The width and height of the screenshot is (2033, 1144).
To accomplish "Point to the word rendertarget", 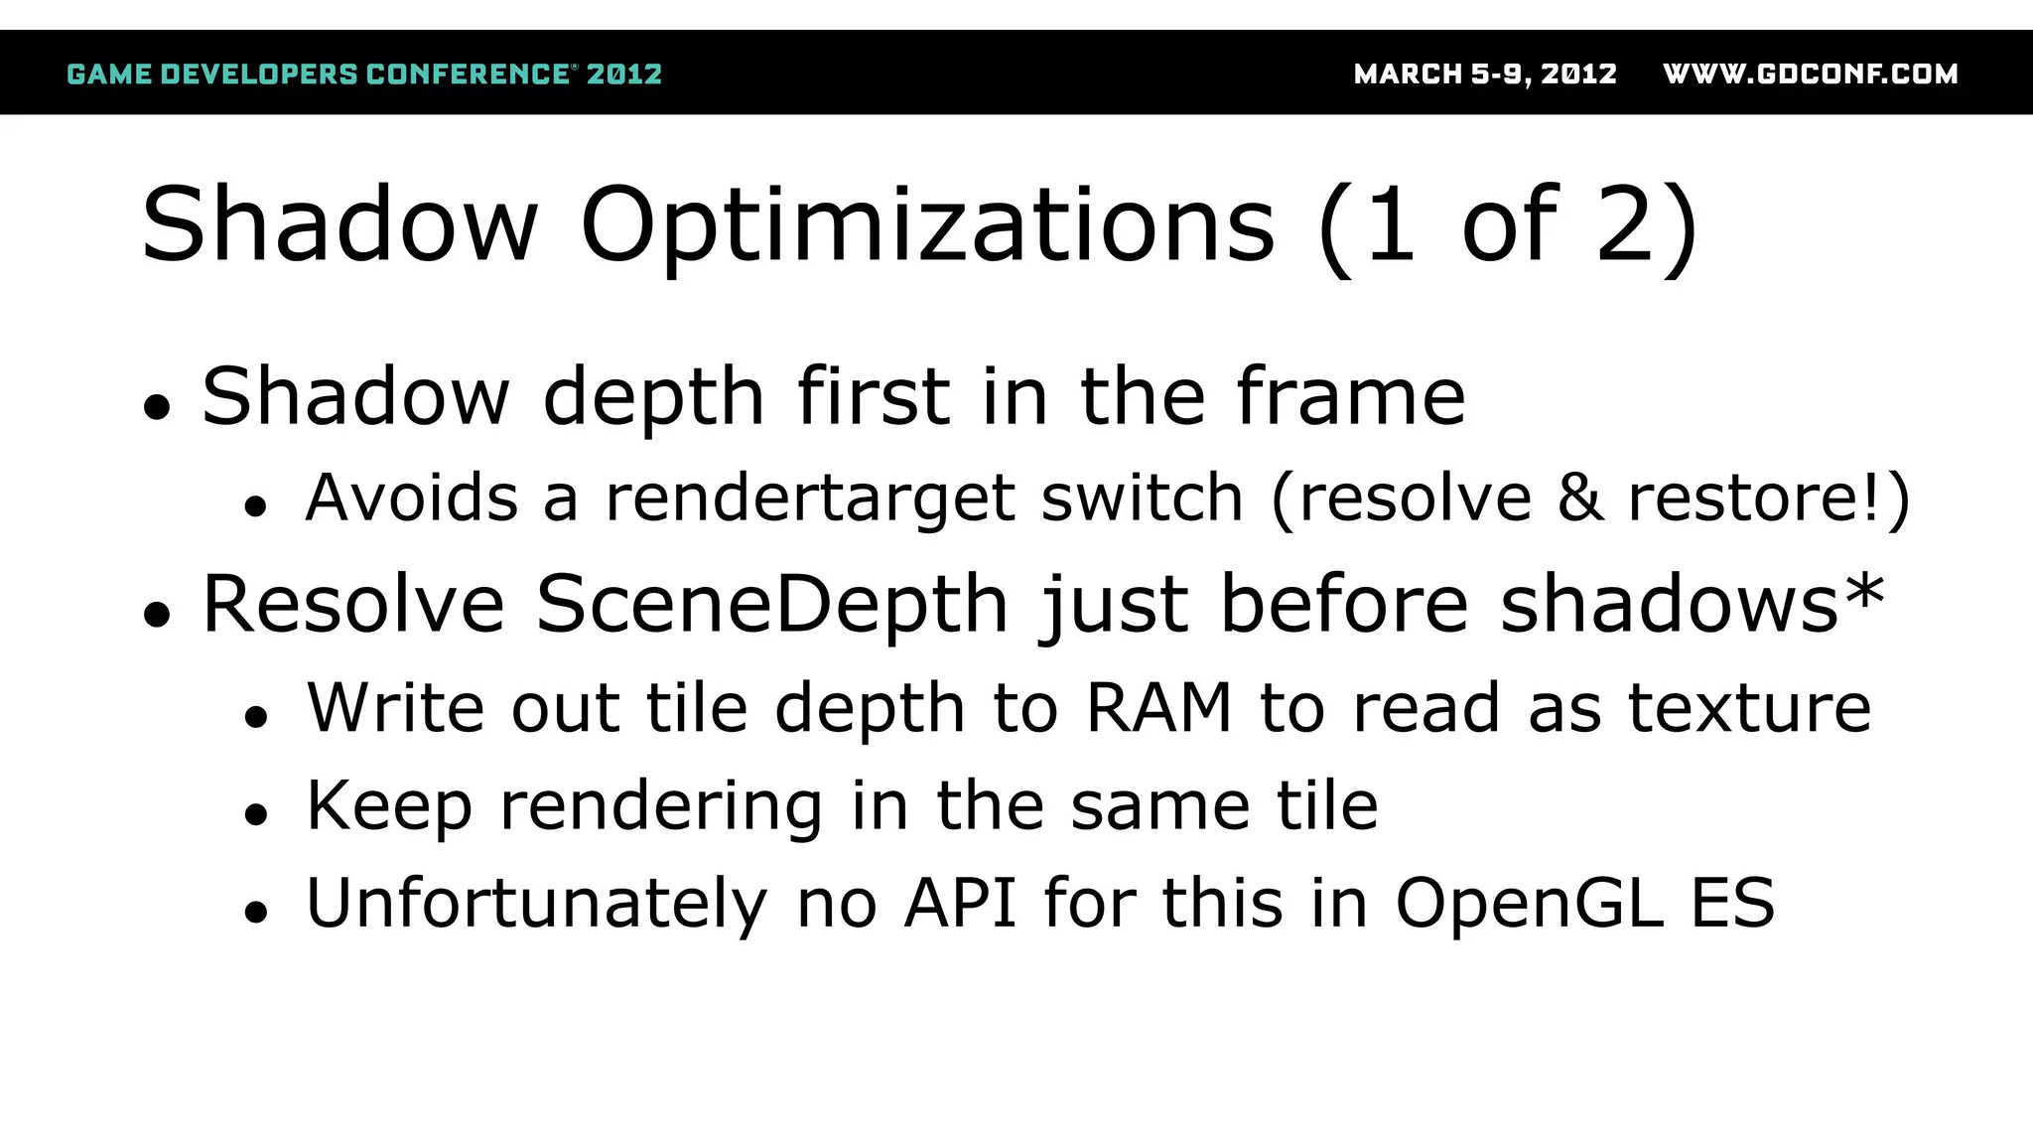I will (x=810, y=499).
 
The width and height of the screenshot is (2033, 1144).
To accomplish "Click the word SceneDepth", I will (x=772, y=605).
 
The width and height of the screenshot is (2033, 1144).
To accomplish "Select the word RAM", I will (x=1158, y=708).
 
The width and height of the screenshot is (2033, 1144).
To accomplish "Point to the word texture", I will (x=1749, y=708).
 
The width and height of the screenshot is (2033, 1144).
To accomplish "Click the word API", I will (x=960, y=903).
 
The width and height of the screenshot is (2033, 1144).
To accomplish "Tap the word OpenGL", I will (x=1529, y=905).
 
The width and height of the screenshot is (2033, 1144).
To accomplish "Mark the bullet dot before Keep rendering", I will (x=256, y=814).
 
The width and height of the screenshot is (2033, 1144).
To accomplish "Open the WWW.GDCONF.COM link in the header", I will (x=1810, y=74).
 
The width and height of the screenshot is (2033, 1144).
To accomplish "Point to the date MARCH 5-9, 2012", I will (x=1485, y=74).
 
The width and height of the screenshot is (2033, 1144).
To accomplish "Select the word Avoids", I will (x=411, y=499).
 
